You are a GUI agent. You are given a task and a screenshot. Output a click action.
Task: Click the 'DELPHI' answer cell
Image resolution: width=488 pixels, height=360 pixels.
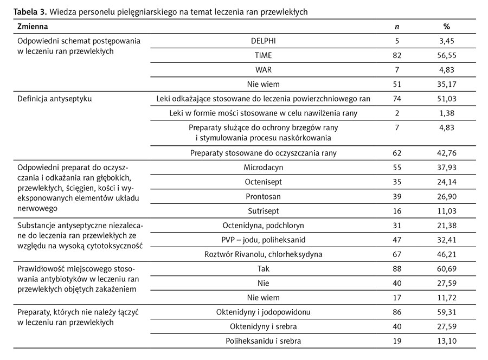point(263,41)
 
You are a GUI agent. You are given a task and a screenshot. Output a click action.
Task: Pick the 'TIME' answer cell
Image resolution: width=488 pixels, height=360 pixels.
point(263,55)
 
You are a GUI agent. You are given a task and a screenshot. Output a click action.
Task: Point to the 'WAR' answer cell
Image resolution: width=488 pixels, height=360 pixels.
point(263,69)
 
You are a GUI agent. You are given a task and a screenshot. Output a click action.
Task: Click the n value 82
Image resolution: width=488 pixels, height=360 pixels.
point(396,55)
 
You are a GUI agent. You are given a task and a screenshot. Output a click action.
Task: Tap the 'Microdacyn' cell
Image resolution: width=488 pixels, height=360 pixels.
point(263,168)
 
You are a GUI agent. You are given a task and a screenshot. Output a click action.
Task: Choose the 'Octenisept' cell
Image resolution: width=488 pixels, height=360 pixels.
point(263,182)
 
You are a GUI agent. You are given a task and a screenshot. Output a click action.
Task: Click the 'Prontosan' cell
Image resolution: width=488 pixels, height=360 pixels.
point(263,196)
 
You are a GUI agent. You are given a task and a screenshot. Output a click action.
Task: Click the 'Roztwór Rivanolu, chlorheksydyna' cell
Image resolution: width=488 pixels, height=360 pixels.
point(263,254)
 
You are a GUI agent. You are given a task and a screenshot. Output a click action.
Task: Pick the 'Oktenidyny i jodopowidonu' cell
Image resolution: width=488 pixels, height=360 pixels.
point(263,312)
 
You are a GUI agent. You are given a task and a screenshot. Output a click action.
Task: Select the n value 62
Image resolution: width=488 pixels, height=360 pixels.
point(396,153)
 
